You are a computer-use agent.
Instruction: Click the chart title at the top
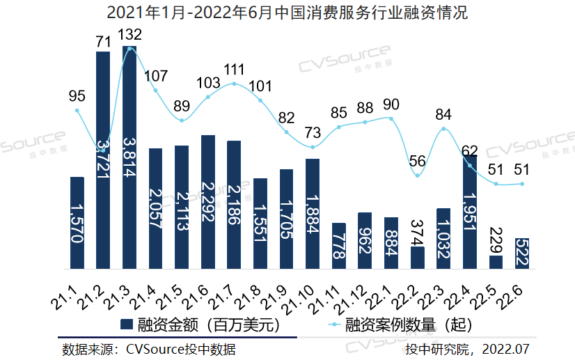pos(287,13)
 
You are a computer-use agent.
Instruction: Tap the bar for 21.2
pos(103,160)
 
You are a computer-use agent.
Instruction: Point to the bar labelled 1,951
pos(470,212)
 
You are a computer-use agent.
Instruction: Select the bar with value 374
pos(418,258)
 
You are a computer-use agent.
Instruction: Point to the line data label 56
pos(418,160)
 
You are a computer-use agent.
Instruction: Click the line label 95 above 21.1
pos(77,95)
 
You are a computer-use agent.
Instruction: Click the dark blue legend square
pos(127,324)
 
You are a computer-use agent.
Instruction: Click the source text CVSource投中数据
pos(149,349)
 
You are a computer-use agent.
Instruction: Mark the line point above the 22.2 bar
pos(418,175)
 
